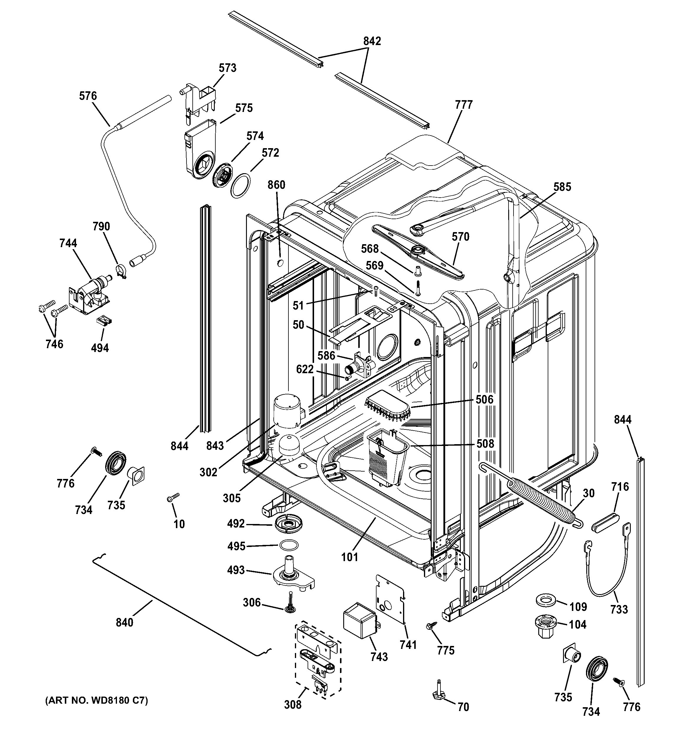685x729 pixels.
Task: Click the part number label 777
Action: (464, 105)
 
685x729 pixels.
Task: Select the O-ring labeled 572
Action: (240, 186)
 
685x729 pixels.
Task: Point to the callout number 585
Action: (562, 187)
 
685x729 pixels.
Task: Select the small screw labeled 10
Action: (173, 497)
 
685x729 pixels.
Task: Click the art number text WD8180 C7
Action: (96, 701)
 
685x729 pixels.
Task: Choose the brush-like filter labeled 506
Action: (388, 406)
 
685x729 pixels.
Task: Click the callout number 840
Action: (124, 622)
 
